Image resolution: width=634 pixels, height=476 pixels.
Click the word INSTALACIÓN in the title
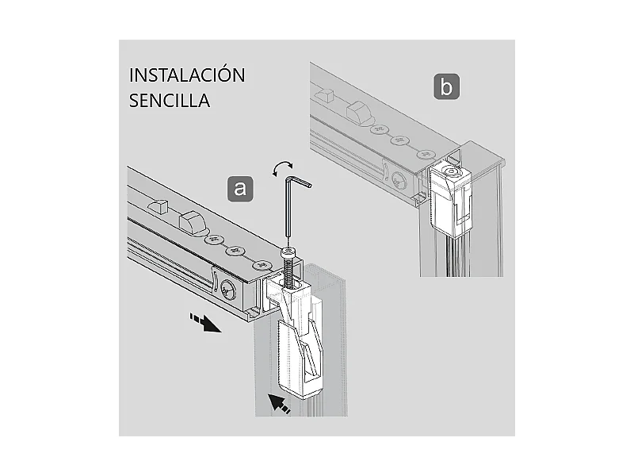pos(187,75)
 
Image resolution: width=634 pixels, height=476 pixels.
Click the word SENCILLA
pos(169,102)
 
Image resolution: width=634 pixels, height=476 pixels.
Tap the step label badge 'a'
pos(240,188)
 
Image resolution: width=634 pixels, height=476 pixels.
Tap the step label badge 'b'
pos(446,86)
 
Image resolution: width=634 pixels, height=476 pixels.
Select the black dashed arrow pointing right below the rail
pos(204,323)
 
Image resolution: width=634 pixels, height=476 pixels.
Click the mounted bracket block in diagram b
pos(453,200)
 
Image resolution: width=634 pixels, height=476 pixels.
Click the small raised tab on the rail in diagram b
pos(323,95)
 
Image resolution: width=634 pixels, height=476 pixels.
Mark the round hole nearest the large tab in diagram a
pos(213,237)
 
